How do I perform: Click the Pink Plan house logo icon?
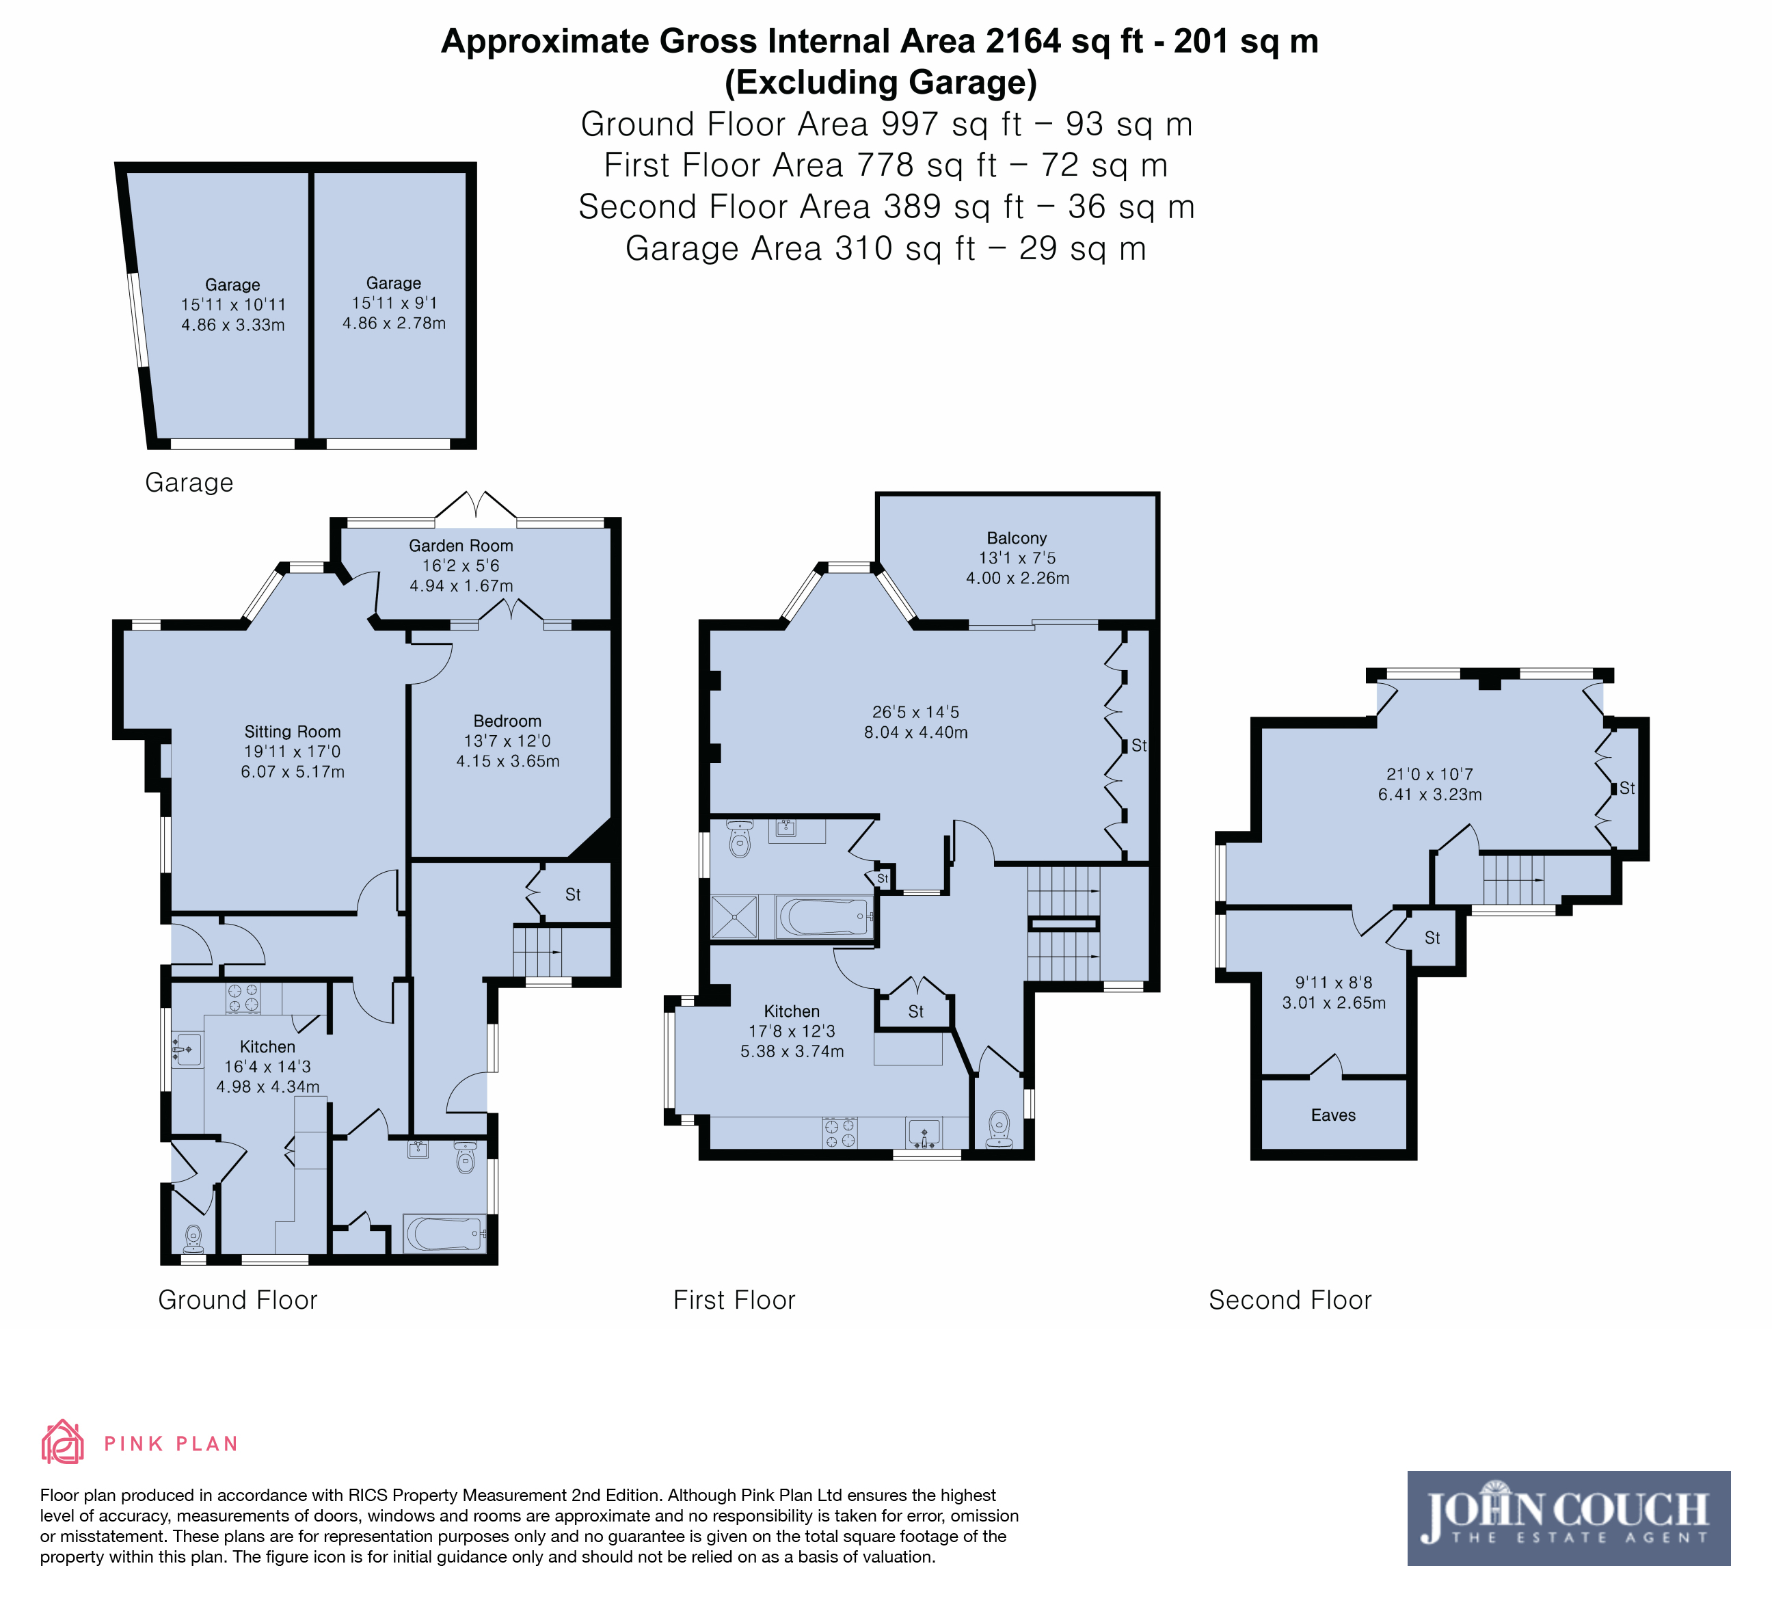tap(62, 1443)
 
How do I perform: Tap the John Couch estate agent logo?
tap(1568, 1518)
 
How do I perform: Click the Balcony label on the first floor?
tap(1017, 538)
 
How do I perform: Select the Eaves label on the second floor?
tap(1333, 1115)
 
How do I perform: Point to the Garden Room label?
tap(461, 546)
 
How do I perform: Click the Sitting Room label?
tap(293, 732)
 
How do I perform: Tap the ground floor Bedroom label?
tap(507, 721)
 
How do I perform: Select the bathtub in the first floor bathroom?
tap(824, 917)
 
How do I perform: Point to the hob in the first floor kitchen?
tap(840, 1132)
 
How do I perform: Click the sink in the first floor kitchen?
tap(924, 1133)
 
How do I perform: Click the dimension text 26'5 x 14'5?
tap(916, 712)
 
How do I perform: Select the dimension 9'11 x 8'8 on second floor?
tap(1333, 983)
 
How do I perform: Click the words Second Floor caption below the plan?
tap(1289, 1300)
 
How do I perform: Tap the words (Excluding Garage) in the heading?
tap(881, 82)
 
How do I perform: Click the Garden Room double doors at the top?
tap(476, 506)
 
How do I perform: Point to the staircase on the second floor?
tap(1514, 880)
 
